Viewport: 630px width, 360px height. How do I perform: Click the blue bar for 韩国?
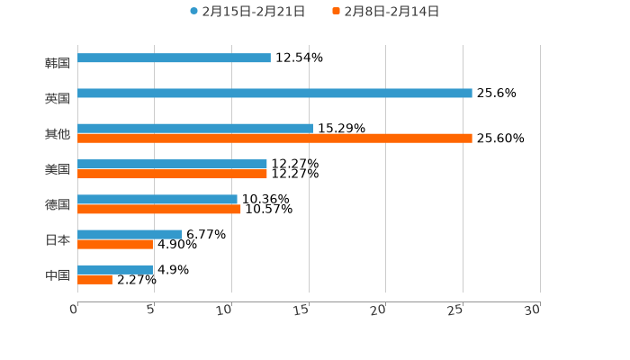(174, 58)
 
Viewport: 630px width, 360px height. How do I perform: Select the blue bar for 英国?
(274, 94)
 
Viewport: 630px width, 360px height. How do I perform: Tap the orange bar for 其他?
(274, 139)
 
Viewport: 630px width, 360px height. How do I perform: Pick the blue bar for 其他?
(195, 129)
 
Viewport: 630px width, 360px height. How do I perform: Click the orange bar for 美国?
(172, 174)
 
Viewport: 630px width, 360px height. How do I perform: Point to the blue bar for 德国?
(157, 200)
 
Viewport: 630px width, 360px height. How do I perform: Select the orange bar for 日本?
(115, 244)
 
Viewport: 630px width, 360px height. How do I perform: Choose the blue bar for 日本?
(130, 235)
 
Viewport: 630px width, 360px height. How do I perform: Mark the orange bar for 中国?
(94, 280)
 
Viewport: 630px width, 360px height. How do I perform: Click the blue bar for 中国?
(115, 270)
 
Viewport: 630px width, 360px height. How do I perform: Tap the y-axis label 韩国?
(58, 63)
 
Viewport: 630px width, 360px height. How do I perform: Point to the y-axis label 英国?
(58, 98)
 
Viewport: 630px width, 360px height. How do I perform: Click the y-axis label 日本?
(58, 239)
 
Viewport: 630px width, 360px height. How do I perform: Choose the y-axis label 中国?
(58, 274)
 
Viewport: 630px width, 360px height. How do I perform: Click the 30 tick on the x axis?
(533, 310)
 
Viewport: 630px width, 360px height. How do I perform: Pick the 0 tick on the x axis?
(75, 310)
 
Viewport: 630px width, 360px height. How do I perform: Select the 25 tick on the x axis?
(456, 310)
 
